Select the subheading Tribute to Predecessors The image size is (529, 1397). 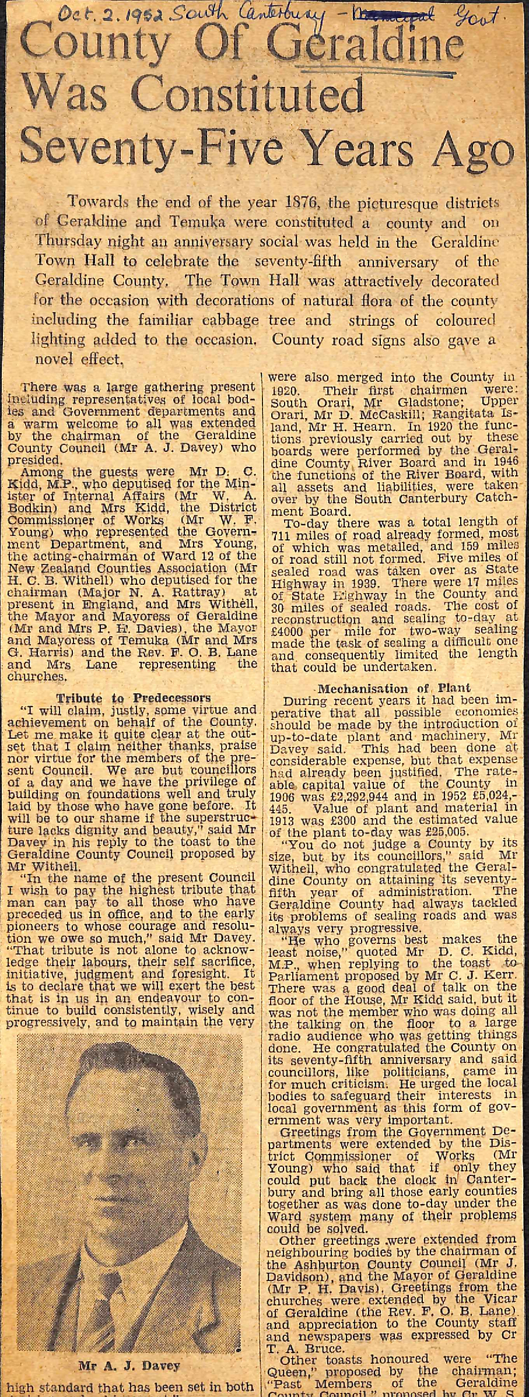133,698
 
